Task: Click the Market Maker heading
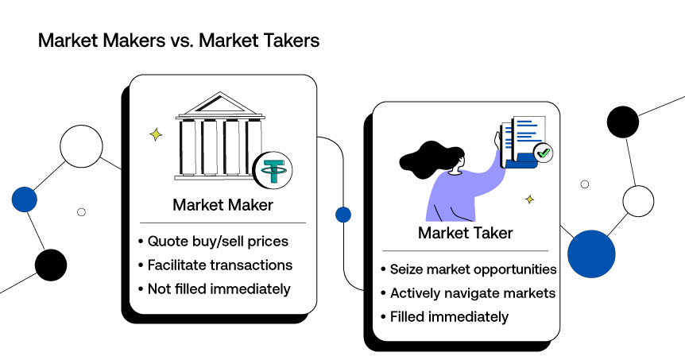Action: [x=223, y=205]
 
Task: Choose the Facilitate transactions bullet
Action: [x=220, y=265]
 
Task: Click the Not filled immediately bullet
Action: [x=219, y=288]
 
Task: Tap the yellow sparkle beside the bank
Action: [x=156, y=135]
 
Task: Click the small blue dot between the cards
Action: [x=343, y=215]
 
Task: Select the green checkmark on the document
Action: [x=544, y=153]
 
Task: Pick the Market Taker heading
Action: [x=465, y=233]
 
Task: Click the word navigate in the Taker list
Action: [x=482, y=293]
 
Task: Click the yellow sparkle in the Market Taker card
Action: [x=529, y=199]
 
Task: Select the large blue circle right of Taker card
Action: [x=591, y=254]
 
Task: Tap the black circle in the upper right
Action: [x=623, y=122]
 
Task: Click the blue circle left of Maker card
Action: [x=25, y=199]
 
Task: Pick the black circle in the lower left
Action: [x=51, y=265]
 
